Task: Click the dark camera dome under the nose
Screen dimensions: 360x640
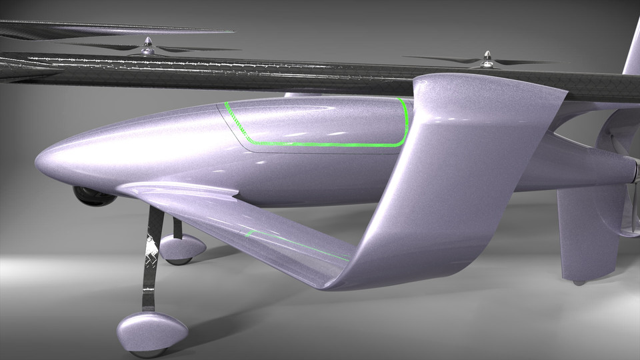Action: [x=92, y=195]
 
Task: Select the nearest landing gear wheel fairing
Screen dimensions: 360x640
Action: [x=152, y=329]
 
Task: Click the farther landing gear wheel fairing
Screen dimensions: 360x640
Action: [x=182, y=247]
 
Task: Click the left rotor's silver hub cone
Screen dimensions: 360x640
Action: [x=148, y=45]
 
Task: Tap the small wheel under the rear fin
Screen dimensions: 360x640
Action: [x=579, y=282]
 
